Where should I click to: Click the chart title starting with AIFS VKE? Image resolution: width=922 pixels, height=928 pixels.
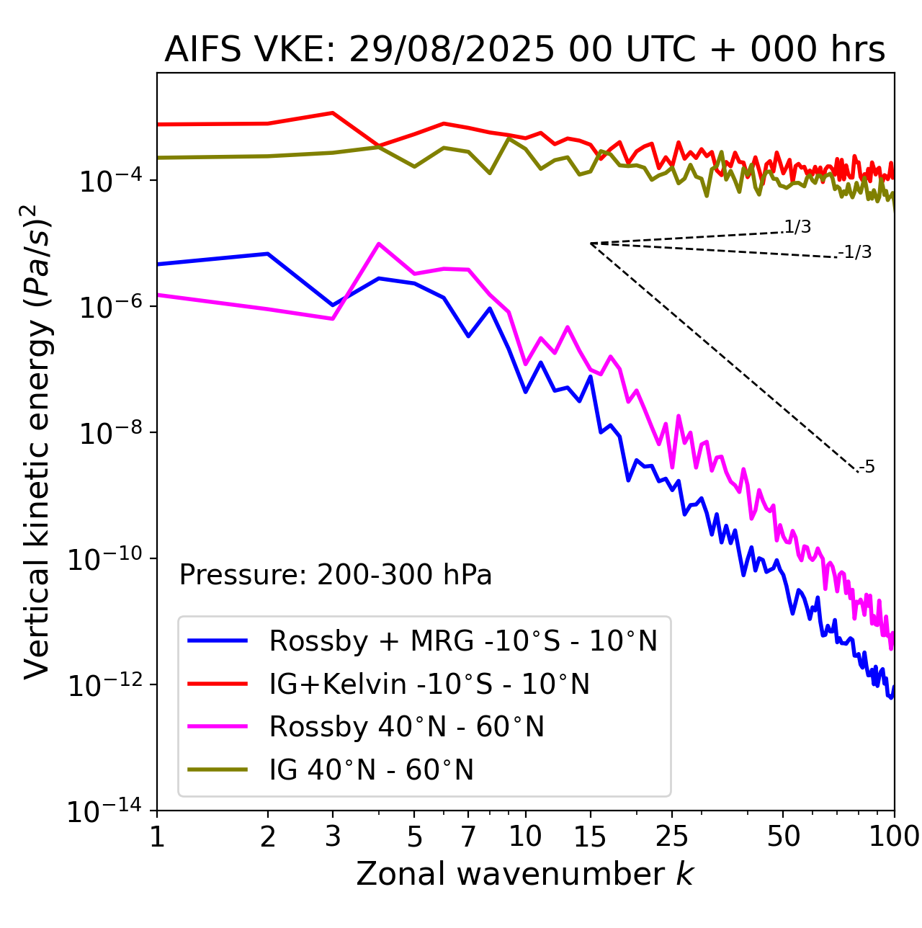(524, 50)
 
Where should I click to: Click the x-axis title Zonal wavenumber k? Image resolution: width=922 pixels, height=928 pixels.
(524, 873)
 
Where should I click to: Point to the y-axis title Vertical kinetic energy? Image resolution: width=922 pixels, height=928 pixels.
(37, 441)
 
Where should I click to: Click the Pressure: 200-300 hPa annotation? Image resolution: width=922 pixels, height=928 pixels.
(335, 575)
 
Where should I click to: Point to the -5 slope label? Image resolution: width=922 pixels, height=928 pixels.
(867, 467)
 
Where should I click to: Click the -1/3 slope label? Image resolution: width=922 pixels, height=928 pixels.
(856, 252)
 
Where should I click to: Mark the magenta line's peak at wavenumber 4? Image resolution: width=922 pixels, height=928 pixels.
(379, 244)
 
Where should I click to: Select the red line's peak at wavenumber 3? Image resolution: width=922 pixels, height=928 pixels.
(332, 112)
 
